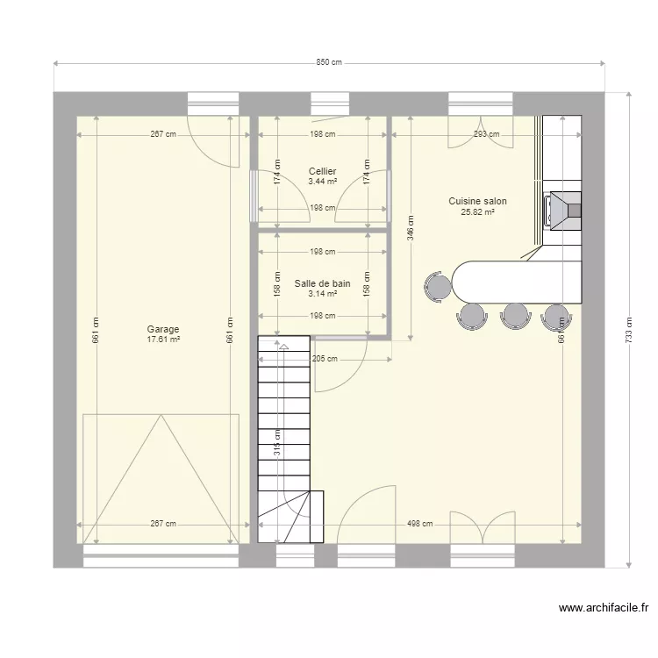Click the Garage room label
point(163,330)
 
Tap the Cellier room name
point(322,172)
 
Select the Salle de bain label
point(322,283)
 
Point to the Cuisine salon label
point(477,201)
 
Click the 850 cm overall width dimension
point(329,62)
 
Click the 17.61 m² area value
point(163,340)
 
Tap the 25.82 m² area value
point(477,211)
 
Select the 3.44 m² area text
point(322,182)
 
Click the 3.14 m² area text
point(322,294)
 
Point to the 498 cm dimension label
point(419,524)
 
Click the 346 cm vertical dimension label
point(410,230)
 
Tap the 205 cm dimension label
point(324,358)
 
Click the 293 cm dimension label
point(486,134)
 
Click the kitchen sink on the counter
point(562,209)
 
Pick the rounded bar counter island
point(517,281)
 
